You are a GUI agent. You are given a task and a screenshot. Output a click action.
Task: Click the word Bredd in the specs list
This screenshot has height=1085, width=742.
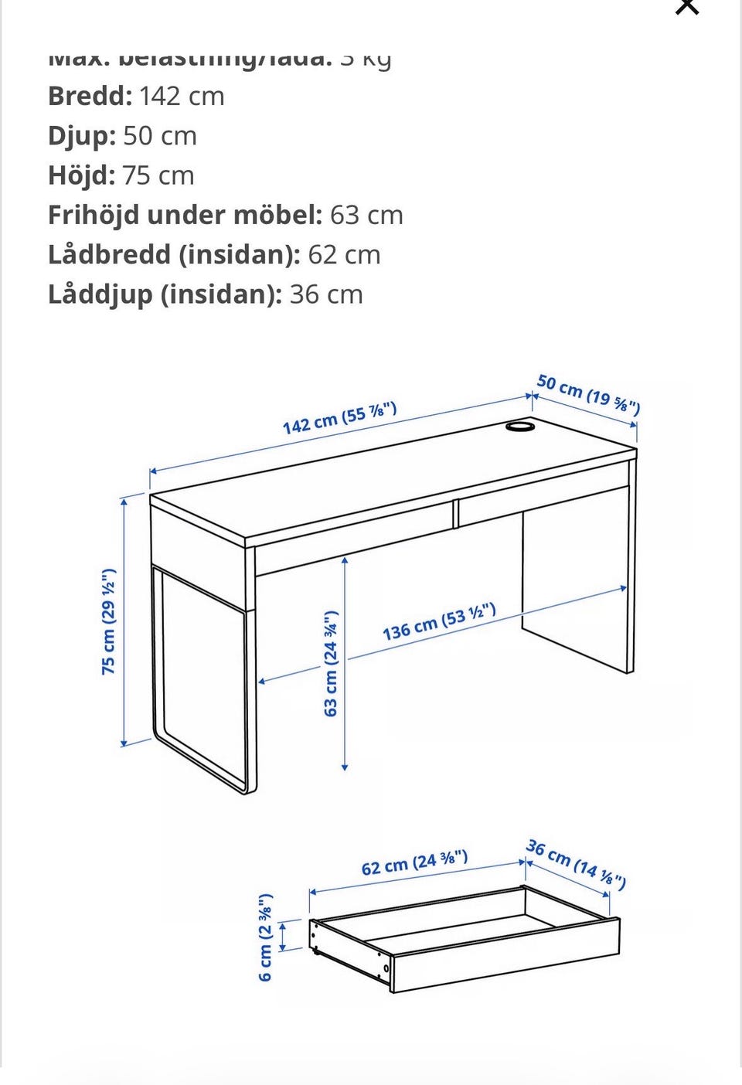90,97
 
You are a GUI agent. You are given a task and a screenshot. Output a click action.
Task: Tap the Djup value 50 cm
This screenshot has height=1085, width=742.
160,136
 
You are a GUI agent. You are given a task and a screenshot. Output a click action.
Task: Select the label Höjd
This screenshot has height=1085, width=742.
81,175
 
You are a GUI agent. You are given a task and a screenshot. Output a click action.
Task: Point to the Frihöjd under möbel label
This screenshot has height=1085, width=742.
185,215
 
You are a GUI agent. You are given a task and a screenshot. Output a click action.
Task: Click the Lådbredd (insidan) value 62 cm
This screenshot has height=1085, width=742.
344,255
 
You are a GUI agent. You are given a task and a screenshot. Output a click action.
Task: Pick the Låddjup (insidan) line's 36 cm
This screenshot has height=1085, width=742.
326,294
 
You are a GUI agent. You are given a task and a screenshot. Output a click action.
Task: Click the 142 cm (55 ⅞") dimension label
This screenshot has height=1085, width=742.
339,418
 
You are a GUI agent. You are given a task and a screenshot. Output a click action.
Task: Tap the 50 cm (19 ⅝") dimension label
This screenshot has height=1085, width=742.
588,394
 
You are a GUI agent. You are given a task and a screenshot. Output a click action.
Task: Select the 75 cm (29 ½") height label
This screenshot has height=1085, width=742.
109,621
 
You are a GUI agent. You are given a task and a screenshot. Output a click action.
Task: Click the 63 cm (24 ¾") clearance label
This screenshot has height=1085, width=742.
331,663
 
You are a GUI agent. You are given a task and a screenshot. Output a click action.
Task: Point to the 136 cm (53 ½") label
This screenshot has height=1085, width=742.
439,622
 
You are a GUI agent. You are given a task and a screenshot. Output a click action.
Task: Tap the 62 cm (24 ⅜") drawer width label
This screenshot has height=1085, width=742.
414,863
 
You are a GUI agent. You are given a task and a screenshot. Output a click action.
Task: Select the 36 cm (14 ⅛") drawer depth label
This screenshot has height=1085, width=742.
576,863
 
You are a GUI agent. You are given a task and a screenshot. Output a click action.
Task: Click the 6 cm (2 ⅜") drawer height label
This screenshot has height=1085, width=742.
265,937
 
